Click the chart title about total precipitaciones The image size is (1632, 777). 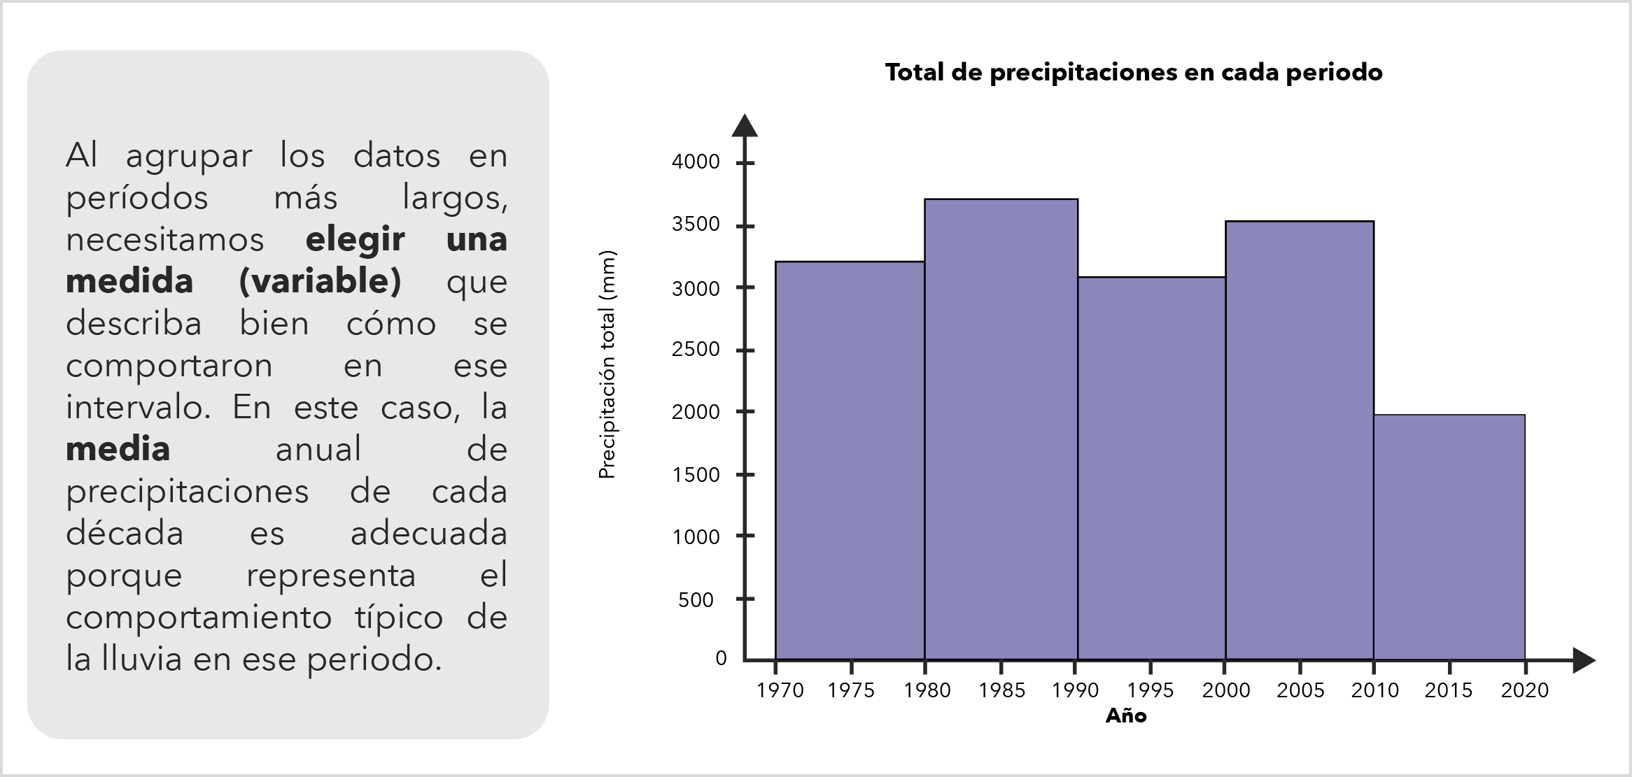(x=1133, y=73)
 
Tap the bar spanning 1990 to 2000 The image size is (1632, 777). (x=1151, y=468)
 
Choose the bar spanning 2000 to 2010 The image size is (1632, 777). (x=1300, y=440)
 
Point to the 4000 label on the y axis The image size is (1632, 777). (x=696, y=162)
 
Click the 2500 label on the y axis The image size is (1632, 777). (x=696, y=349)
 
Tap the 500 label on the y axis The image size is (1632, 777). (x=696, y=600)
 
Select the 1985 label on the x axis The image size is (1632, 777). (x=1001, y=691)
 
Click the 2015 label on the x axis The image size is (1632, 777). (x=1449, y=691)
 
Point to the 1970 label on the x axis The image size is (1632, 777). (x=780, y=691)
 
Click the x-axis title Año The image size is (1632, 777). (x=1126, y=715)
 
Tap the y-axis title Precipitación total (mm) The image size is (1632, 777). (x=607, y=364)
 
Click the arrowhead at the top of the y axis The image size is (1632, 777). (x=745, y=125)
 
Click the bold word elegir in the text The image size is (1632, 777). (x=355, y=240)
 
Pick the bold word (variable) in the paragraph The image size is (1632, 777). (x=320, y=282)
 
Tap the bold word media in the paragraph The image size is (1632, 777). (x=118, y=450)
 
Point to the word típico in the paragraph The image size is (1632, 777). (x=399, y=618)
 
